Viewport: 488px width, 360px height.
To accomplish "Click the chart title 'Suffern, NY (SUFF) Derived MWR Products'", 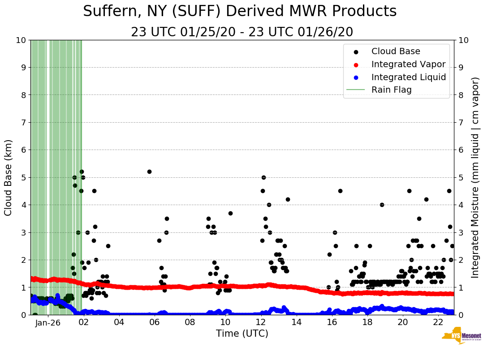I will (x=240, y=11).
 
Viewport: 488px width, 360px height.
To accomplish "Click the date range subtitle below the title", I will (x=242, y=32).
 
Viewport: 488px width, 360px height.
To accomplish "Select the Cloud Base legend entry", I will (x=396, y=51).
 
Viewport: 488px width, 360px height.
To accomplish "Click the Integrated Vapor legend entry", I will (x=408, y=64).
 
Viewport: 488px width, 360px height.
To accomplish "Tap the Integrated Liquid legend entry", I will (x=408, y=77).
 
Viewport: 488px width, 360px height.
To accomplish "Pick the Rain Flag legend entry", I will (x=391, y=90).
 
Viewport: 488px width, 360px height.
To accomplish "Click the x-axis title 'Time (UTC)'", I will (x=242, y=334).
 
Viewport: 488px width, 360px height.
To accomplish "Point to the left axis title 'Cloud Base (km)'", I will (x=9, y=177).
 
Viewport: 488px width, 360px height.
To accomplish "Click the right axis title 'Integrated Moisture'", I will (x=475, y=177).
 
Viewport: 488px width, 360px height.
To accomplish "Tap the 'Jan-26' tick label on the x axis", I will (x=48, y=322).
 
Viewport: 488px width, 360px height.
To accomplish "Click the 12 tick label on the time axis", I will (x=261, y=322).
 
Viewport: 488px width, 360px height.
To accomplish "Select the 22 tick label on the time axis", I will (x=438, y=322).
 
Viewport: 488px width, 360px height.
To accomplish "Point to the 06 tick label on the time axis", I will (x=155, y=322).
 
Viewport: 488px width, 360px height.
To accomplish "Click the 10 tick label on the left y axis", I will (x=21, y=40).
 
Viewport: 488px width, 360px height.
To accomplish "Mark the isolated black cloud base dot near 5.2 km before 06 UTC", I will (x=149, y=171).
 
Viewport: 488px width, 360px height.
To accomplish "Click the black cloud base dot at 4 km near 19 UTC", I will (x=382, y=205).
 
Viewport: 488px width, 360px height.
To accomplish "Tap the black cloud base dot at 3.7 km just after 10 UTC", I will (x=230, y=213).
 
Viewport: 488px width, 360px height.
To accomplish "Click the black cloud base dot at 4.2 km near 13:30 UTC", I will (x=288, y=199).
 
